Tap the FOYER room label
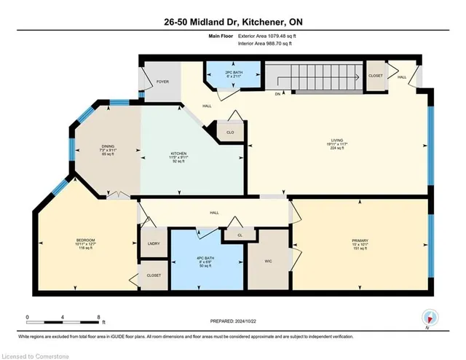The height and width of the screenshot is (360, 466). pos(162,82)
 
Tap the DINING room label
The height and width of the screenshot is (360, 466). pos(108,150)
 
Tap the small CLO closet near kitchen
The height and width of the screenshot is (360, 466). pos(230,133)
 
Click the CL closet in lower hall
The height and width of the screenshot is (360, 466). pos(240,235)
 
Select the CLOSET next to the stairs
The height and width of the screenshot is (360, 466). pos(376,75)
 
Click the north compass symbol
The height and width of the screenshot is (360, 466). pos(430,317)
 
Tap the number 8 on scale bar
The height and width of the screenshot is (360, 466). pos(98,317)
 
